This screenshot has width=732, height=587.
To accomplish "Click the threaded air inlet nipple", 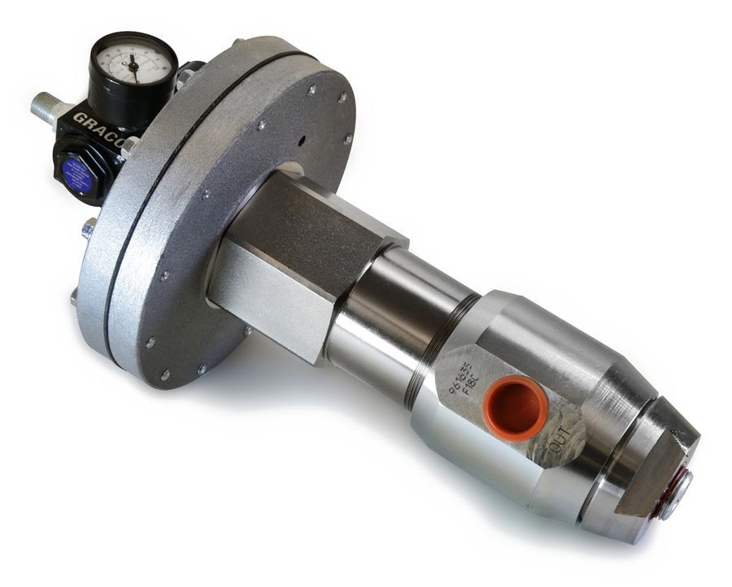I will point(44,107).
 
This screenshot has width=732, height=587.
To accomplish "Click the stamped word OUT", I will point(560,443).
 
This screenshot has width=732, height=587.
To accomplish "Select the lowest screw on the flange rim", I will point(166,375).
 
